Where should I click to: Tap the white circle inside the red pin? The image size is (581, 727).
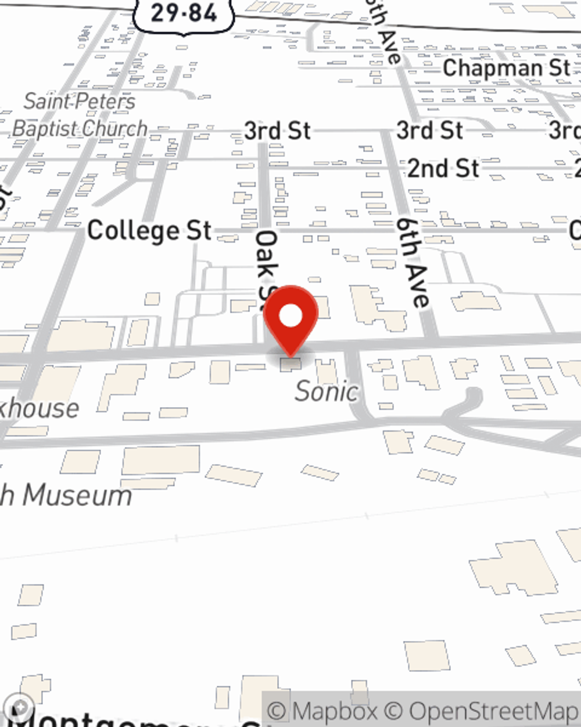pyautogui.click(x=290, y=316)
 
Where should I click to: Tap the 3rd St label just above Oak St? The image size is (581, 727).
pyautogui.click(x=277, y=131)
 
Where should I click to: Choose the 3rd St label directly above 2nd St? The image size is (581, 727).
pyautogui.click(x=429, y=131)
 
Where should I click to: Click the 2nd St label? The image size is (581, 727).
pyautogui.click(x=443, y=169)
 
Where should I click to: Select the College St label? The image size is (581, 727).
pyautogui.click(x=149, y=231)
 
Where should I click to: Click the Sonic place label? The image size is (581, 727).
pyautogui.click(x=326, y=391)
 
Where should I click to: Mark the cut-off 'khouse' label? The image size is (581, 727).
pyautogui.click(x=40, y=409)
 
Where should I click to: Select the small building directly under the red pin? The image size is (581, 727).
pyautogui.click(x=291, y=365)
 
